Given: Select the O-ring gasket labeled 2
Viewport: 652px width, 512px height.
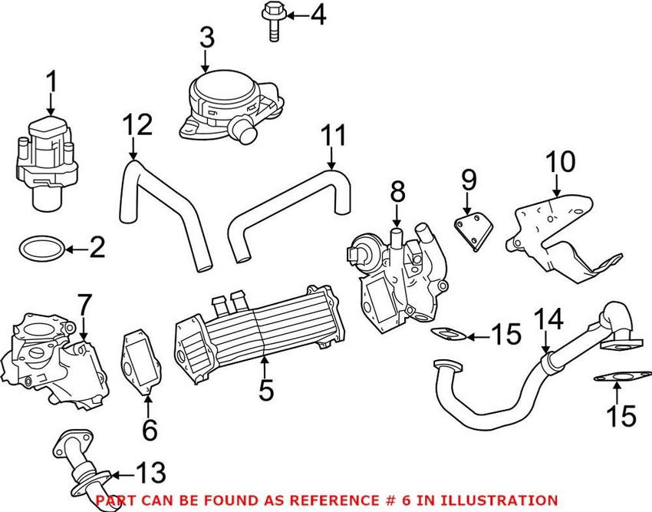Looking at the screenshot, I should point(35,249).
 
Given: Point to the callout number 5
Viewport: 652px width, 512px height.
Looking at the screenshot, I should point(265,391).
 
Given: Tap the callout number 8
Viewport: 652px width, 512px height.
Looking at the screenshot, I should point(397,193).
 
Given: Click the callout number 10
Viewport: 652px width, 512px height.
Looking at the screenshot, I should point(560,164).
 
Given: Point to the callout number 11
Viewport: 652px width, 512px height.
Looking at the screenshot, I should point(334,138).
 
